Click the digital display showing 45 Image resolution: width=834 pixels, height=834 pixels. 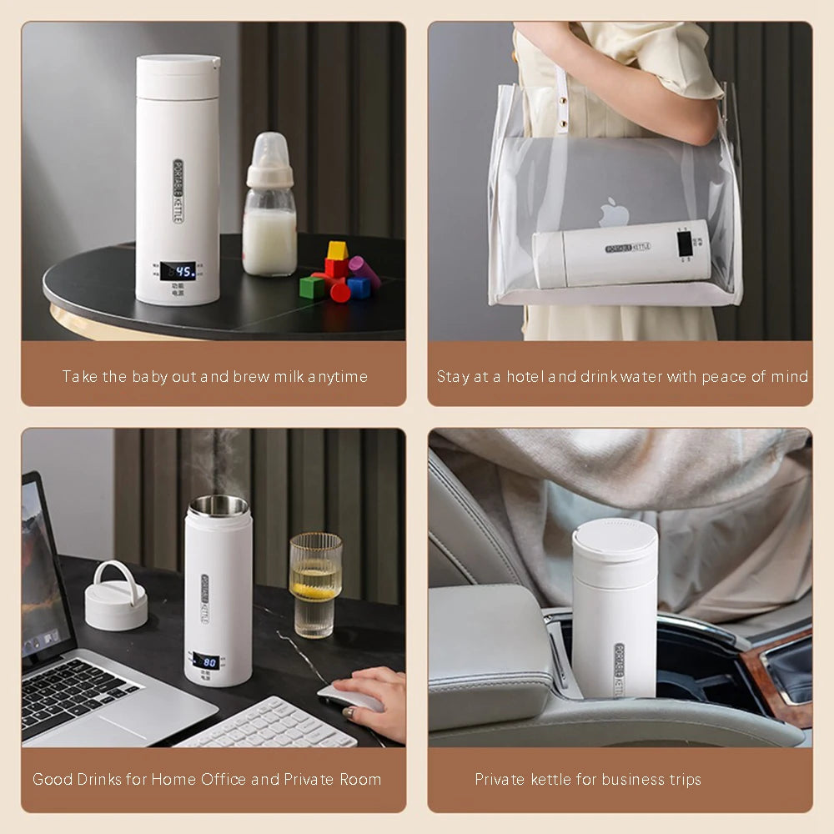pyautogui.click(x=178, y=270)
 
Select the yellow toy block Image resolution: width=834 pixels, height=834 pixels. pyautogui.click(x=337, y=250)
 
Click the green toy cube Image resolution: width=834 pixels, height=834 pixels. pyautogui.click(x=312, y=287)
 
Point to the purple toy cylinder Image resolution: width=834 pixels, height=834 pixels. pyautogui.click(x=364, y=271)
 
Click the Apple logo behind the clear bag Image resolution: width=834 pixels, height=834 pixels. pyautogui.click(x=615, y=213)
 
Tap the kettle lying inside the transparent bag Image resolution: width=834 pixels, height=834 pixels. pyautogui.click(x=621, y=254)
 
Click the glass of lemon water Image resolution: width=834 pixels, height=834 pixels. pyautogui.click(x=315, y=584)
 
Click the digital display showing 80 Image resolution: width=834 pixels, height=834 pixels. pyautogui.click(x=206, y=661)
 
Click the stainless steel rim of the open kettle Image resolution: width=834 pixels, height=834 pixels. pyautogui.click(x=219, y=505)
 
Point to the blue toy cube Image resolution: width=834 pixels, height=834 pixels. pyautogui.click(x=359, y=287)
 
